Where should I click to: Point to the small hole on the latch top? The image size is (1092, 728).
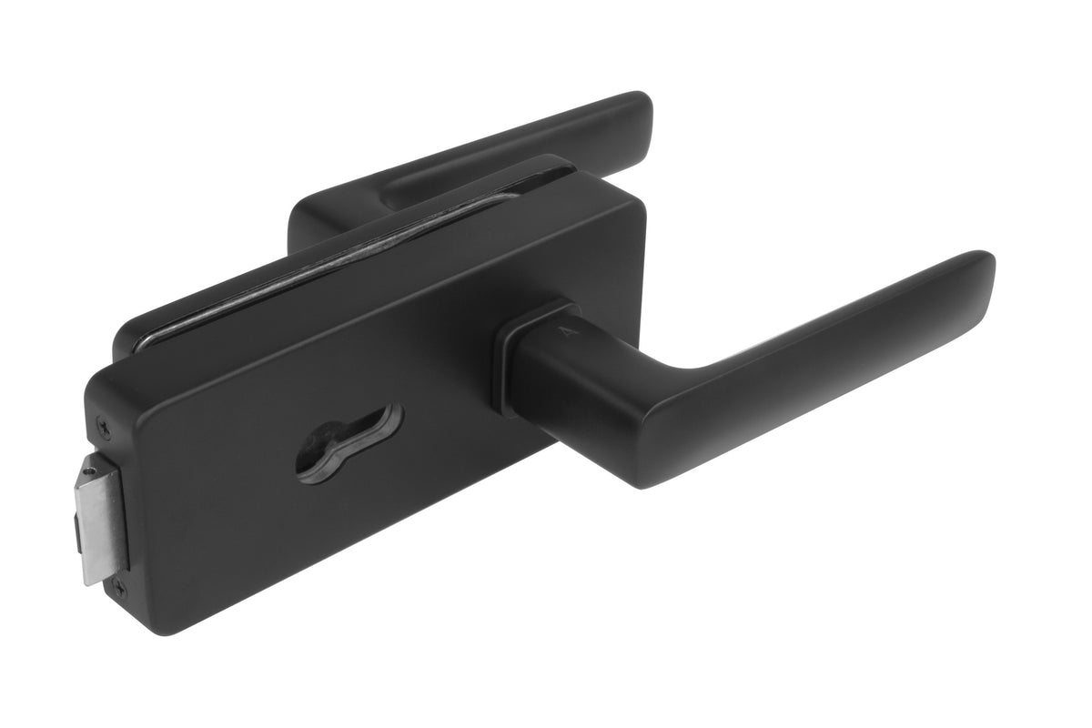coord(88,470)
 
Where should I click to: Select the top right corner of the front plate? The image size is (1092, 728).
coord(637,205)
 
